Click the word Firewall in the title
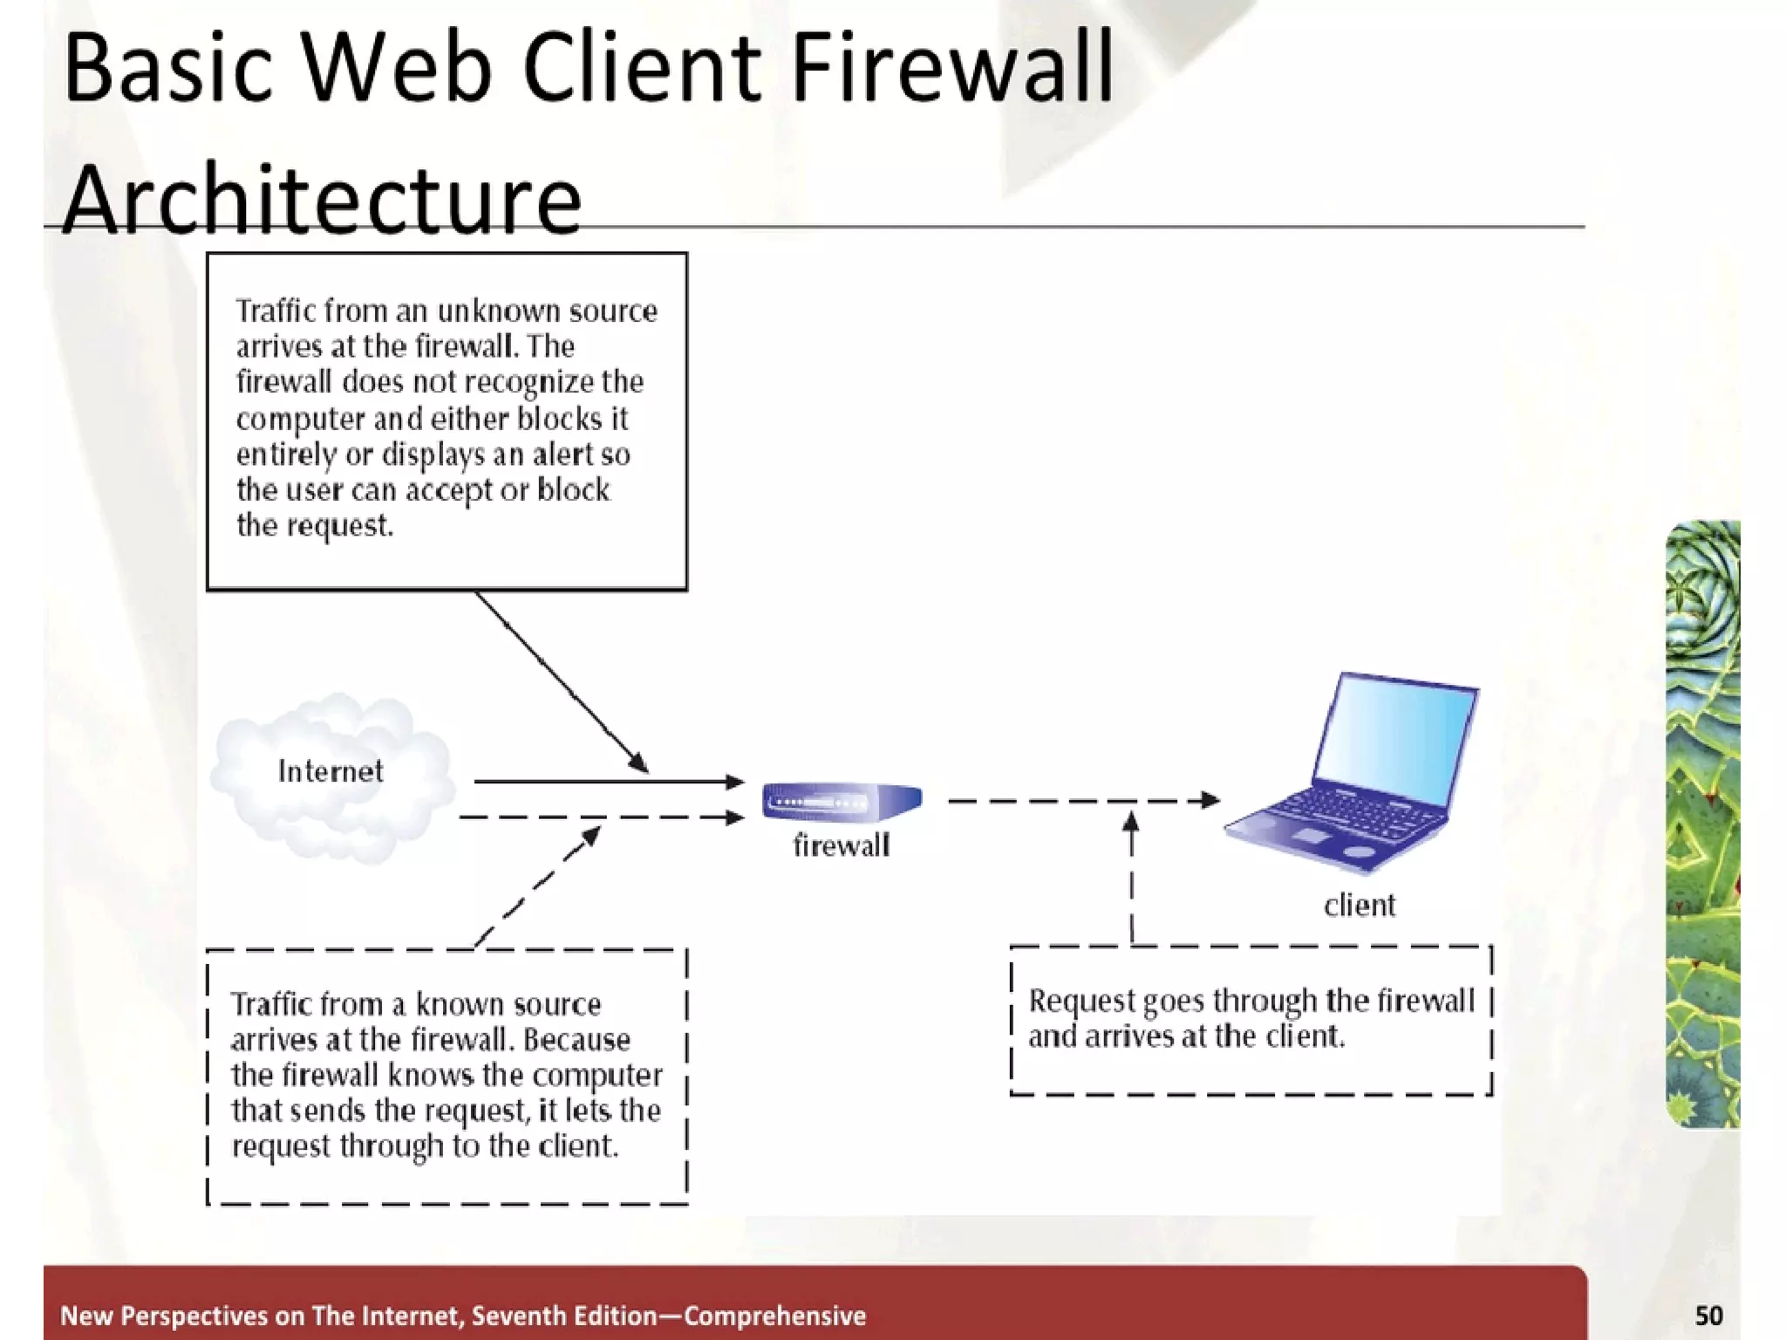click(x=952, y=68)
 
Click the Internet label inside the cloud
click(x=330, y=771)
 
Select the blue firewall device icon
click(x=841, y=801)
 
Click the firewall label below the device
click(x=841, y=845)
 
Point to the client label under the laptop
click(x=1359, y=906)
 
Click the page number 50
click(x=1708, y=1315)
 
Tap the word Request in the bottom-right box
click(x=1081, y=1001)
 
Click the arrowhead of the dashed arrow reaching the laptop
click(x=1210, y=800)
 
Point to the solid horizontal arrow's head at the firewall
click(x=735, y=782)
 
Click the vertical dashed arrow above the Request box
click(x=1131, y=881)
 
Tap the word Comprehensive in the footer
click(x=774, y=1316)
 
